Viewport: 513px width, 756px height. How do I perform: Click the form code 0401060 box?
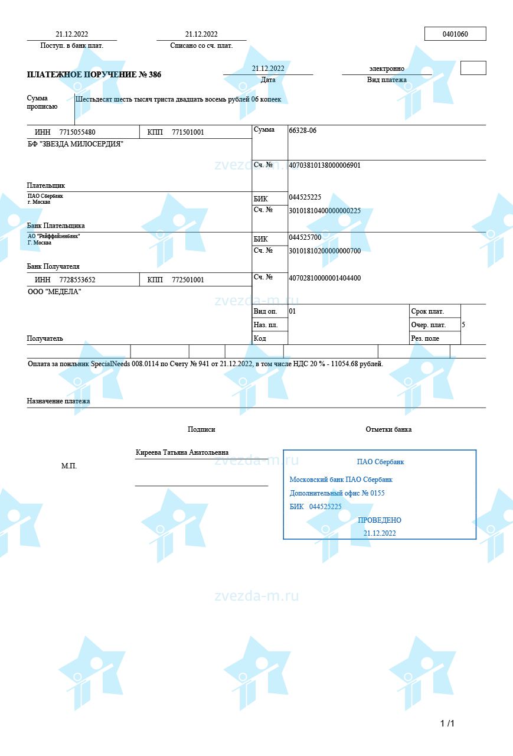pos(455,34)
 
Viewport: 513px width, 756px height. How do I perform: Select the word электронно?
pos(387,69)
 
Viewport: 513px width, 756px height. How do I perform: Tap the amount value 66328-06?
pos(302,131)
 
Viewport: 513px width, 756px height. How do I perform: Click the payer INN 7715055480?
pos(77,132)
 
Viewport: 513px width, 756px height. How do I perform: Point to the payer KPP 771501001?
pos(188,132)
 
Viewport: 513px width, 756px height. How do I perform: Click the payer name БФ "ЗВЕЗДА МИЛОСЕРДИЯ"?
pos(76,144)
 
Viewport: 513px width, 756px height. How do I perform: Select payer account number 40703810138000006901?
pos(324,165)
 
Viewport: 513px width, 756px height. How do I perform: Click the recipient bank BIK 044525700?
pos(305,237)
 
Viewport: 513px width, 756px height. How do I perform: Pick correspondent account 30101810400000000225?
pos(324,211)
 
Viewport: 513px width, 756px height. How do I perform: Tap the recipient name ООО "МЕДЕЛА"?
pos(54,292)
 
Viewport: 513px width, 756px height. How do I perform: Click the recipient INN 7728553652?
pos(77,280)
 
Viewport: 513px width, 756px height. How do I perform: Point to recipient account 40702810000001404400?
pos(324,278)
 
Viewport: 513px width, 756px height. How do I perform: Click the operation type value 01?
pos(292,311)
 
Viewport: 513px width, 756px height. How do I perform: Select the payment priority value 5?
pos(463,325)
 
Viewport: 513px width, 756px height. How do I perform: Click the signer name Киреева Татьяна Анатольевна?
pos(182,452)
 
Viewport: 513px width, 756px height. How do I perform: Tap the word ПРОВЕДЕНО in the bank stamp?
pos(380,520)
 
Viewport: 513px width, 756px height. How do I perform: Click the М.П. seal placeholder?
pos(69,466)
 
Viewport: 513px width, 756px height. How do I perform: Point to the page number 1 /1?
pos(447,724)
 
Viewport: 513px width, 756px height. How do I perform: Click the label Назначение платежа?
pos(58,402)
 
